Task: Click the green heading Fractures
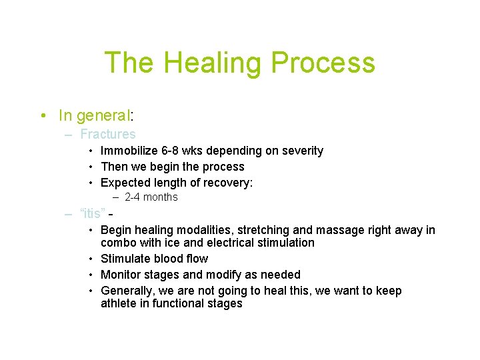coord(107,134)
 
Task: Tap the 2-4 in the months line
coord(133,197)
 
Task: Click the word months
coord(161,197)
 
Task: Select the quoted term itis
coord(91,214)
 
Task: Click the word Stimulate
coord(126,259)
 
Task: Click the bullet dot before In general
coord(42,116)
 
